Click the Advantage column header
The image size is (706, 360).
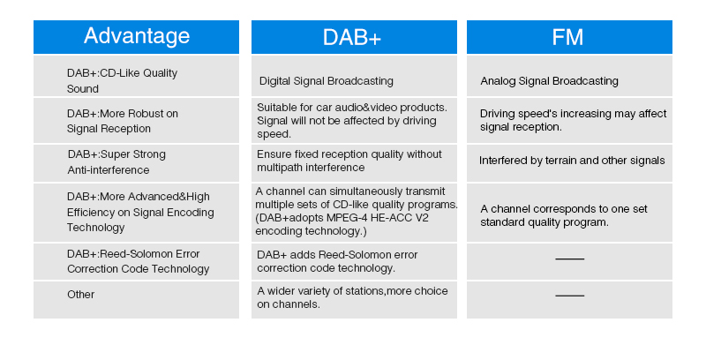[136, 36]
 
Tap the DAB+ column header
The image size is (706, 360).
[354, 36]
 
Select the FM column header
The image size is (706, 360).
[569, 36]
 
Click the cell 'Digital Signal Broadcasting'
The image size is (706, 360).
[327, 81]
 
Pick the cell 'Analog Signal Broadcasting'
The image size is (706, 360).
[549, 81]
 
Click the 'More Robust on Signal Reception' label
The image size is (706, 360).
[122, 121]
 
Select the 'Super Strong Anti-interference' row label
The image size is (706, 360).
[116, 161]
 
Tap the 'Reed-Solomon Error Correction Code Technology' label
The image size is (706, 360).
[138, 261]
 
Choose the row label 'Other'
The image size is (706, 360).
[80, 294]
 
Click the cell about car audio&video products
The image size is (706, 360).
[351, 120]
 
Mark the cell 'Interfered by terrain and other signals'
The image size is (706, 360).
[572, 161]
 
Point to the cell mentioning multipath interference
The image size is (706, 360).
[349, 161]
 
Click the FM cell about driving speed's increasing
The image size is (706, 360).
[573, 120]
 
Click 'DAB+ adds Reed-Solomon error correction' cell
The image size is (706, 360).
[337, 261]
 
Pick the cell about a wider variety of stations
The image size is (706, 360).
[352, 297]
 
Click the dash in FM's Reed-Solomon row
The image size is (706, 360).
[569, 259]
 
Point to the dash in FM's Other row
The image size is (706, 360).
[569, 296]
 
